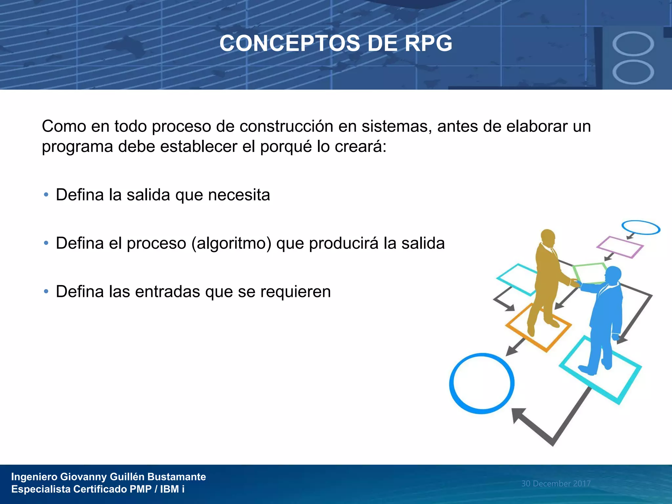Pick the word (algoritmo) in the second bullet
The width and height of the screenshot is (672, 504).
coord(231,243)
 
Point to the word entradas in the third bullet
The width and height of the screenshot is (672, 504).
coord(167,291)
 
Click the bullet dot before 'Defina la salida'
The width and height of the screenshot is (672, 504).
coord(46,195)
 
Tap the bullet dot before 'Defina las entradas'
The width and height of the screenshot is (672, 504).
coord(46,291)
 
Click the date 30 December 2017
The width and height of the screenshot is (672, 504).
coord(556,483)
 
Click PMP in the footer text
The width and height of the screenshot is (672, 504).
coord(140,489)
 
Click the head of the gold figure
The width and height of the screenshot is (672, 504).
coord(548,237)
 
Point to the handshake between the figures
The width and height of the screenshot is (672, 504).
coord(576,283)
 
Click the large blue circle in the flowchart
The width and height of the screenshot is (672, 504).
coord(482,383)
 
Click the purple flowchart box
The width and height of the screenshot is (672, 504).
coord(619,247)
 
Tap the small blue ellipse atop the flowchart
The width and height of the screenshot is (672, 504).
coord(640,227)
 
